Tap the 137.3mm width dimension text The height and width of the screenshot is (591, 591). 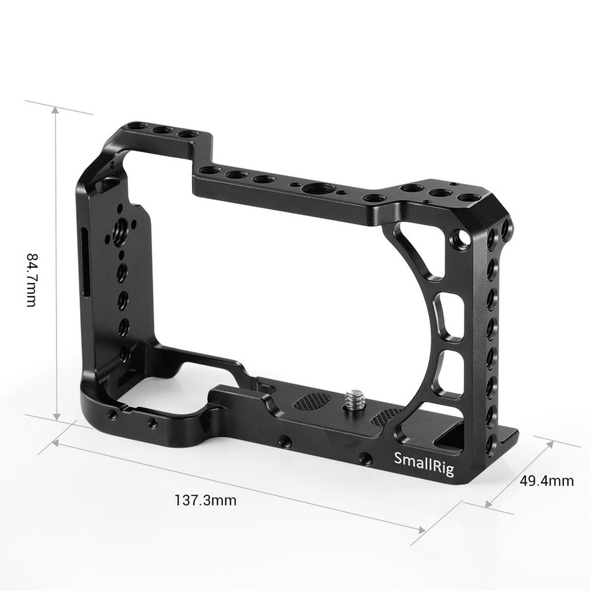205,500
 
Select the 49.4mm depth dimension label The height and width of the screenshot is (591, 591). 547,480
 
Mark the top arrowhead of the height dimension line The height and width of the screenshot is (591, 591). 55,110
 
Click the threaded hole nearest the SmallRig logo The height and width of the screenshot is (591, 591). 365,458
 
